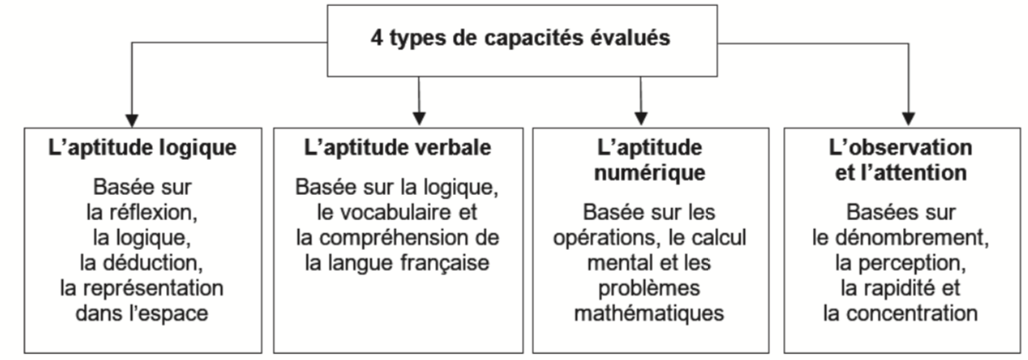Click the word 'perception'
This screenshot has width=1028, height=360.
click(919, 263)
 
